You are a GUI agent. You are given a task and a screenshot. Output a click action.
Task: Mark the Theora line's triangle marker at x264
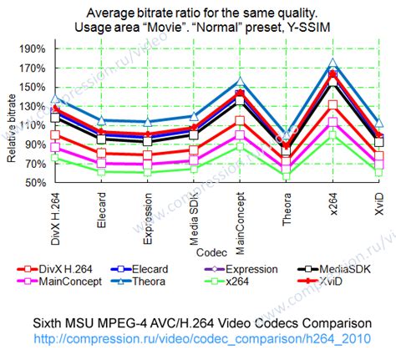click(x=333, y=63)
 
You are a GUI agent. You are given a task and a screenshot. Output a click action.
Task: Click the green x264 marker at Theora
click(x=287, y=174)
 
